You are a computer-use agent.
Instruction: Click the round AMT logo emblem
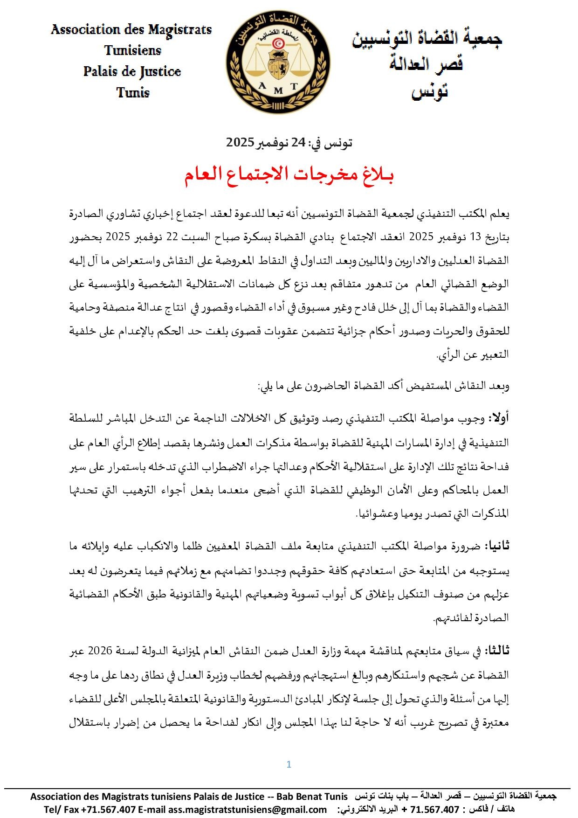click(278, 62)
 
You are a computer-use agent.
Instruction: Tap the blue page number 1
click(289, 764)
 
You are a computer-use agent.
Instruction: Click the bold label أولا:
click(499, 419)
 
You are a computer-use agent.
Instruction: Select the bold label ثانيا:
click(498, 546)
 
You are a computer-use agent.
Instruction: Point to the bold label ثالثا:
click(497, 651)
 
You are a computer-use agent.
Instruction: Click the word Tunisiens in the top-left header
click(132, 50)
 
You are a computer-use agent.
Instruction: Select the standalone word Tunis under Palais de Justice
click(133, 92)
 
